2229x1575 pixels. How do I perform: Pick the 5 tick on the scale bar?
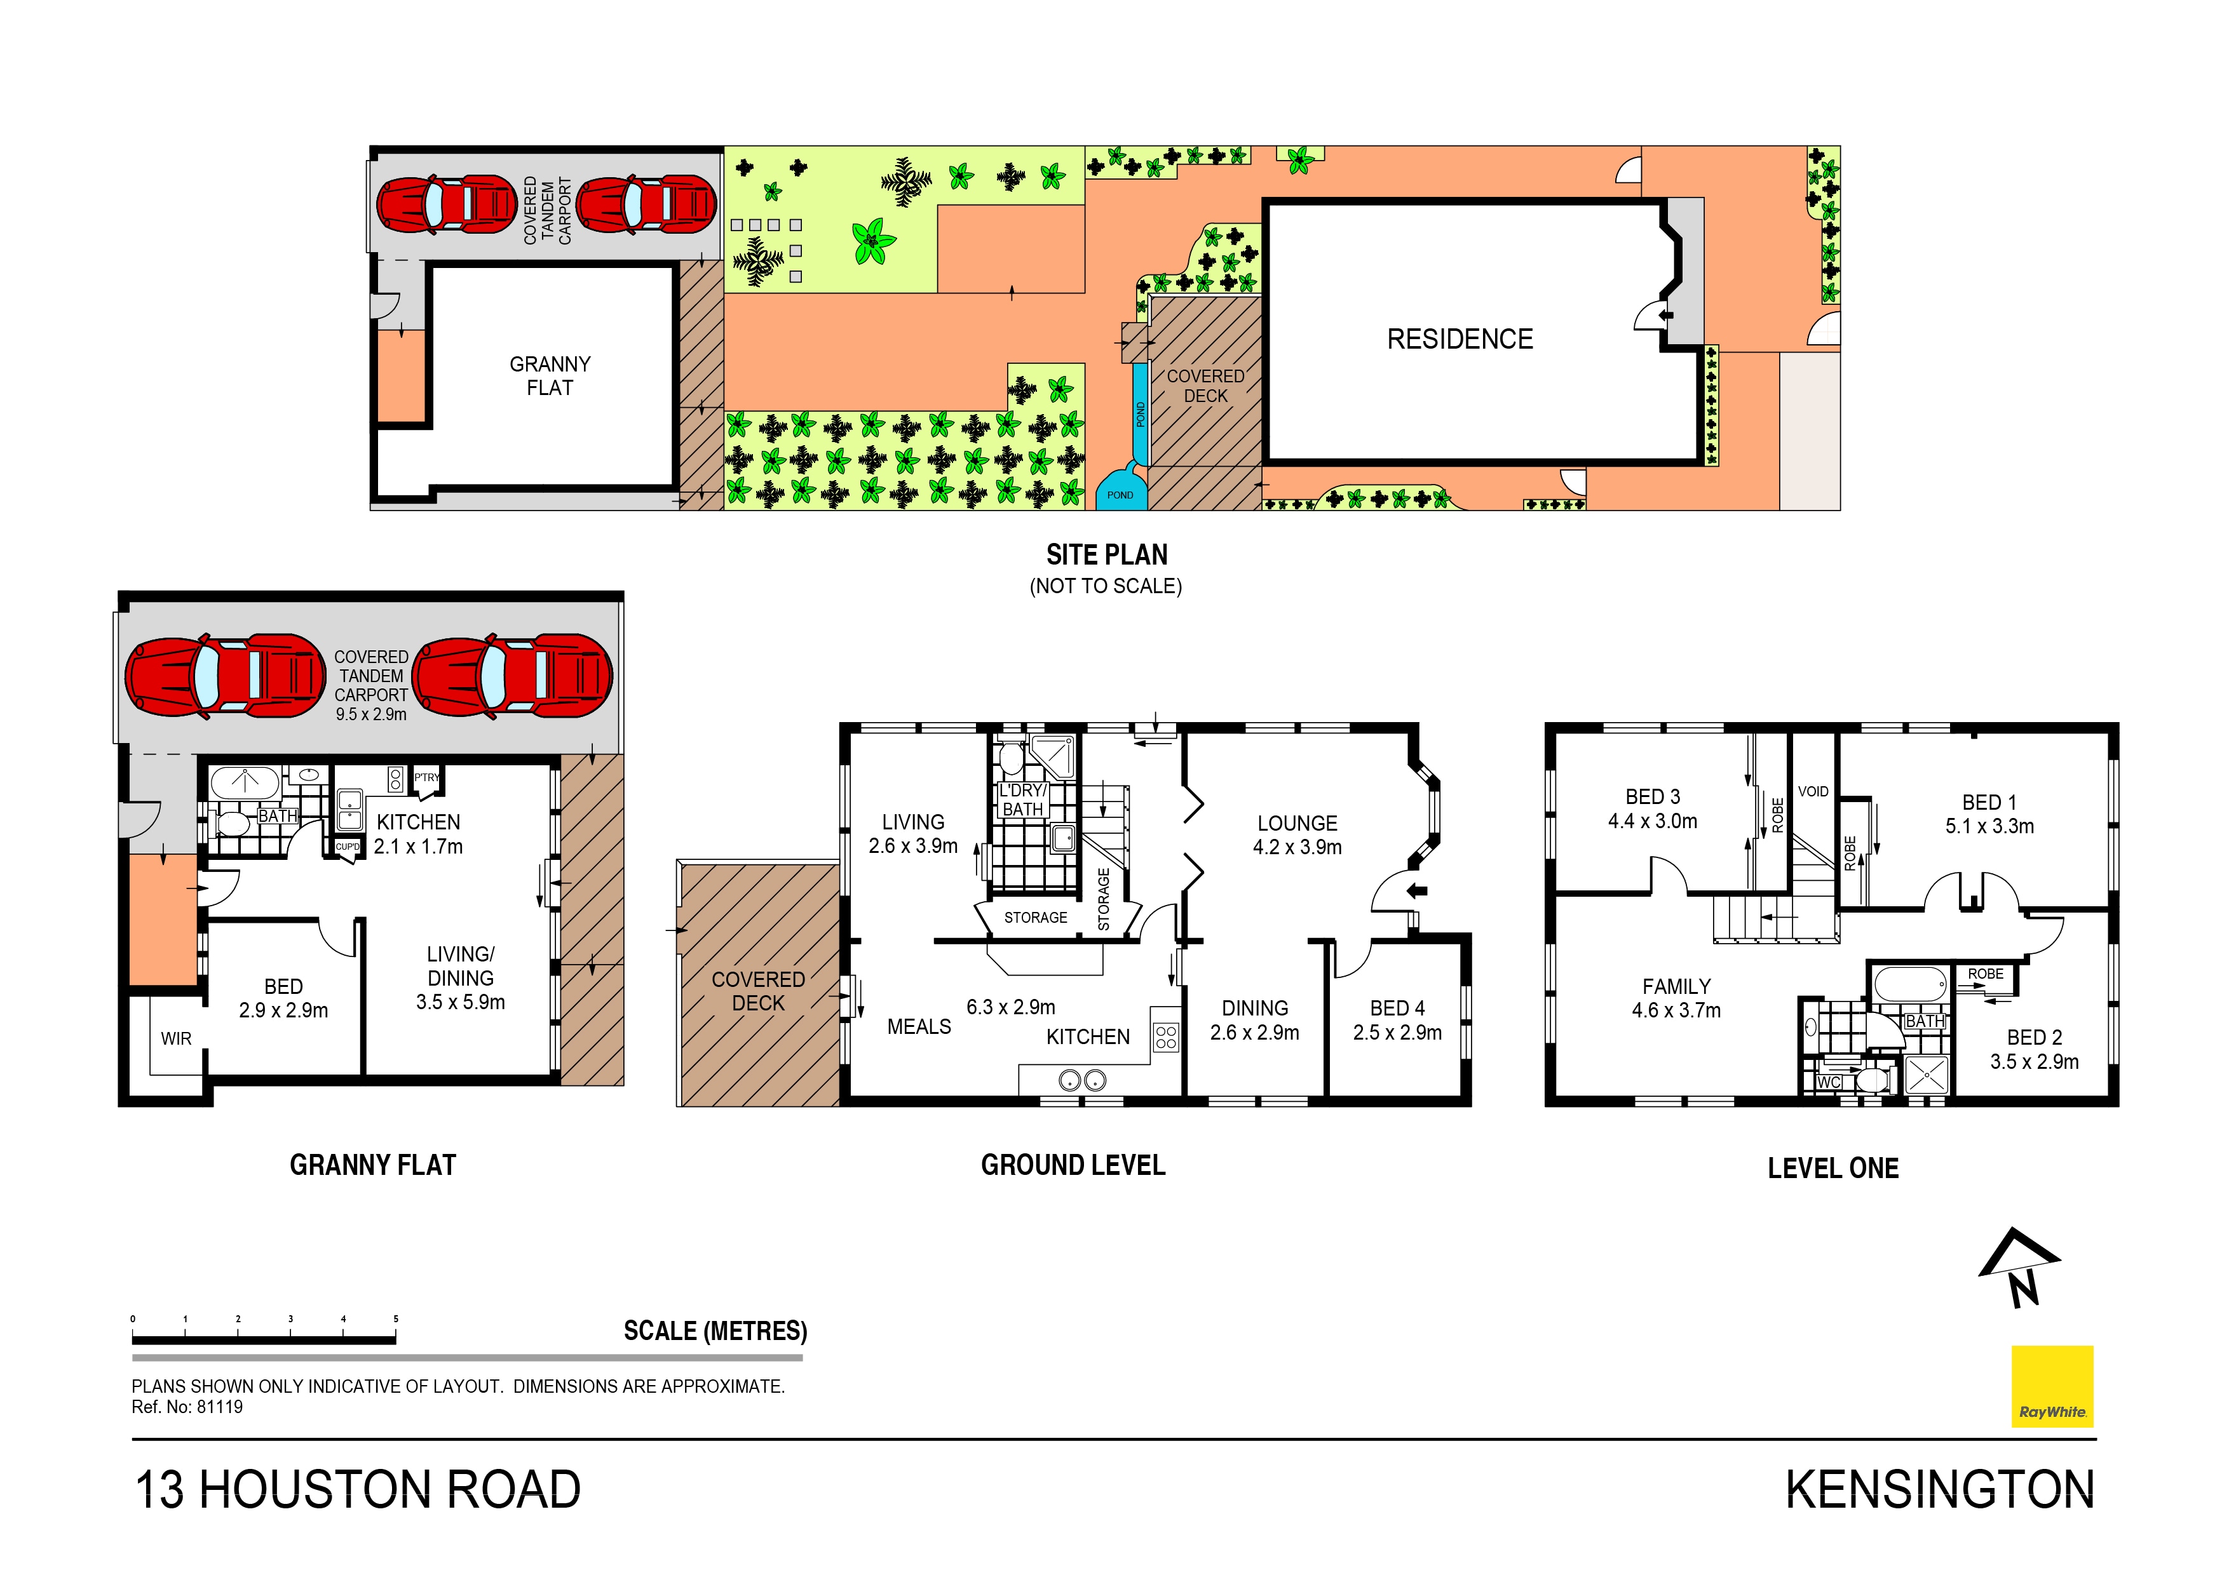coord(395,1320)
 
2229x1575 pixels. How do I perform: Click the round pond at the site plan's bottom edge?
coord(1120,490)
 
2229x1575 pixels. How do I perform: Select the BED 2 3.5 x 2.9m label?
coord(2034,1050)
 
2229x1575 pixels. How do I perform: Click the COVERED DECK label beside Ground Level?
coord(758,991)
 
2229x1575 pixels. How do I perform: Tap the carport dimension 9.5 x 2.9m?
coord(371,714)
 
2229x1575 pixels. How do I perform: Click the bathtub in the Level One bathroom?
coord(1909,986)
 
